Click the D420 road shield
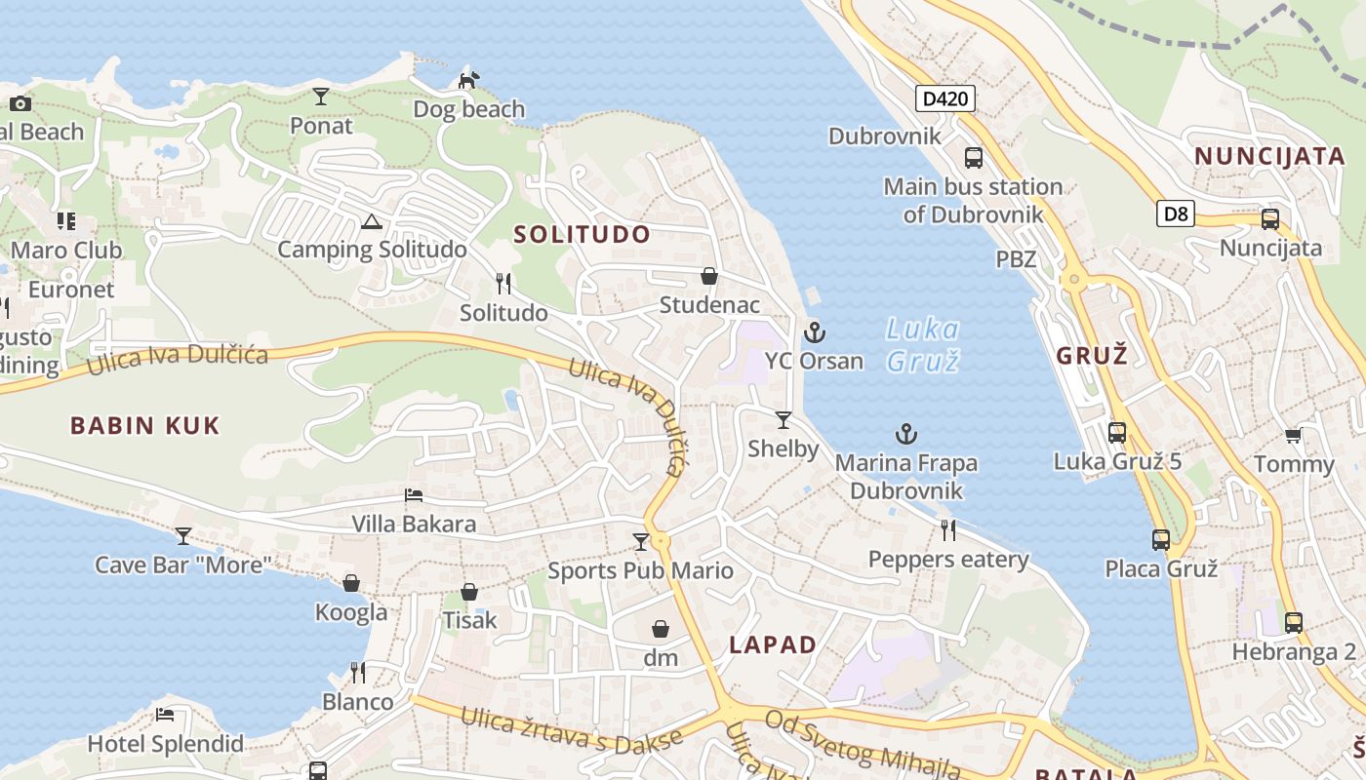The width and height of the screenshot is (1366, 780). [x=945, y=97]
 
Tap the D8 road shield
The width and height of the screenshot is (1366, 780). [x=1176, y=214]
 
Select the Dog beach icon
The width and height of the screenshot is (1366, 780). [x=469, y=79]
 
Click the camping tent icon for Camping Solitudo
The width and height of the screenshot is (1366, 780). [x=371, y=222]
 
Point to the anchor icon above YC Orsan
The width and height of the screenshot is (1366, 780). [x=814, y=333]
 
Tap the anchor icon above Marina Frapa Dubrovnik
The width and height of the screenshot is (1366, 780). [x=907, y=434]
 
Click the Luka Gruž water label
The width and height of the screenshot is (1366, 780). [x=922, y=345]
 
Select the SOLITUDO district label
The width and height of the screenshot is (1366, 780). [x=582, y=234]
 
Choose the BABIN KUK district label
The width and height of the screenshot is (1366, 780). [x=145, y=425]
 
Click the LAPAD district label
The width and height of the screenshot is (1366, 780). [x=773, y=644]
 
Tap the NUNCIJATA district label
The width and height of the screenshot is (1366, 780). [x=1269, y=156]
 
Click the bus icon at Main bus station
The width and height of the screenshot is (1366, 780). [x=973, y=157]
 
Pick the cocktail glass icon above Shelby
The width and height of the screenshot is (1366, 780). [x=783, y=420]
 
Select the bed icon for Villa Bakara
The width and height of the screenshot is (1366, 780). [x=414, y=495]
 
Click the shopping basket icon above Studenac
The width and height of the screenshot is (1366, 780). [x=709, y=277]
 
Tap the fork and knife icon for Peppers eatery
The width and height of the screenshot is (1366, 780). [x=947, y=529]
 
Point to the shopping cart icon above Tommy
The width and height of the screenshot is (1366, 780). [x=1294, y=436]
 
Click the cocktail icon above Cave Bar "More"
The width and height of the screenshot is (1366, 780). [x=182, y=536]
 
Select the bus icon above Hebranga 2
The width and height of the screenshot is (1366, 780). [x=1294, y=622]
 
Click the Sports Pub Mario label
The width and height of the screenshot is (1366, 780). [x=640, y=570]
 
